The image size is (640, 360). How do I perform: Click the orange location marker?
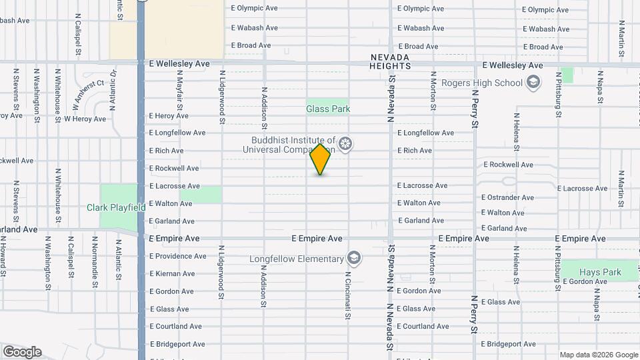321,159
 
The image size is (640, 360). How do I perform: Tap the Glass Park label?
328,109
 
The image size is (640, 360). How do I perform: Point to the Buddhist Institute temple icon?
345,144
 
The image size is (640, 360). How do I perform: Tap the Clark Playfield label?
116,207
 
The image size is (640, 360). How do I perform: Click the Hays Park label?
601,272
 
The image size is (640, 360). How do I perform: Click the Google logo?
22,351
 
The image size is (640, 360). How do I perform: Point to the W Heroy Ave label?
85,119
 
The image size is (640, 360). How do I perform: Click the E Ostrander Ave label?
509,197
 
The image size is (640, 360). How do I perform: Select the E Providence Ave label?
177,256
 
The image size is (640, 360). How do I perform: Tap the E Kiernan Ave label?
172,274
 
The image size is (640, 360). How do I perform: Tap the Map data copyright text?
598,355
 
